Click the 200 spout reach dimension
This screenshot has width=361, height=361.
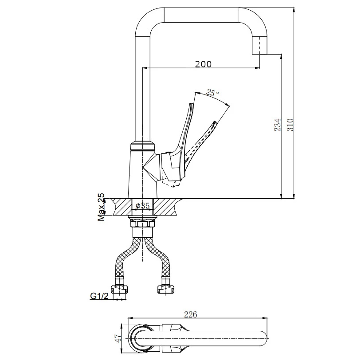pyautogui.click(x=203, y=64)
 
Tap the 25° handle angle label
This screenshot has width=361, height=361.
pyautogui.click(x=212, y=93)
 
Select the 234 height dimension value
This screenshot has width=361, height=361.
pyautogui.click(x=278, y=125)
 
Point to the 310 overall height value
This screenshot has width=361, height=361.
pyautogui.click(x=290, y=125)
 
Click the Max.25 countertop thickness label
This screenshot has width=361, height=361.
pyautogui.click(x=101, y=207)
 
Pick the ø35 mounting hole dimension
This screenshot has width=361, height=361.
pyautogui.click(x=142, y=205)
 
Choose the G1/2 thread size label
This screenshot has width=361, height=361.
pyautogui.click(x=99, y=296)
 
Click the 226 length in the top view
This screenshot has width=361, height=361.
pyautogui.click(x=191, y=314)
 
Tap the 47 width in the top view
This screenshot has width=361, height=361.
pyautogui.click(x=118, y=338)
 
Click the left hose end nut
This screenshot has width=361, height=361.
pyautogui.click(x=120, y=289)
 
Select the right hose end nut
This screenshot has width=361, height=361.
pyautogui.click(x=166, y=289)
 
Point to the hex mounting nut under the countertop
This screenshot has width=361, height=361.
pyautogui.click(x=142, y=224)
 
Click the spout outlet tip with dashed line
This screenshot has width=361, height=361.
pyautogui.click(x=260, y=45)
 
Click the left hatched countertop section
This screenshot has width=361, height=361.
pyautogui.click(x=122, y=207)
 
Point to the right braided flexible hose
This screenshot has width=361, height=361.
pyautogui.click(x=159, y=258)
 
